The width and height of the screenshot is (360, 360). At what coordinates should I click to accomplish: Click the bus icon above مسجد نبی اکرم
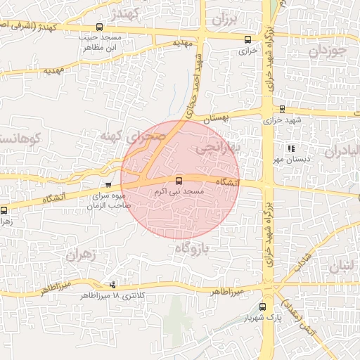click(179, 181)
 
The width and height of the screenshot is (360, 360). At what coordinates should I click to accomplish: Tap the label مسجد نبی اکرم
click(179, 191)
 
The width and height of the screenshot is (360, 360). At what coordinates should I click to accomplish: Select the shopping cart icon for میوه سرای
click(108, 185)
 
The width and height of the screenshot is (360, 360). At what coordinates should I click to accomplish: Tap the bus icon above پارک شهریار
click(263, 307)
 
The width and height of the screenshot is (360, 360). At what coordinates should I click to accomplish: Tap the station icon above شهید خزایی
click(282, 108)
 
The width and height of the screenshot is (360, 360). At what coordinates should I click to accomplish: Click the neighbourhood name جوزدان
click(328, 51)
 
